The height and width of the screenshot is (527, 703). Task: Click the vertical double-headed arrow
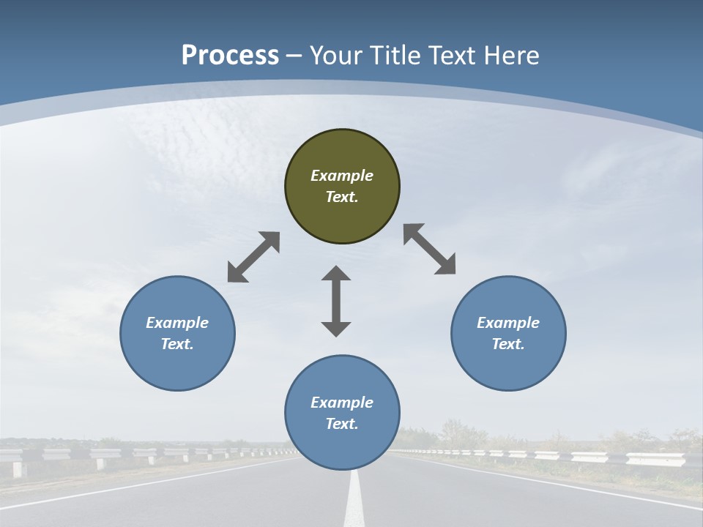click(x=336, y=302)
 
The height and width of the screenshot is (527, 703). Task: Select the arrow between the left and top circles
click(x=253, y=257)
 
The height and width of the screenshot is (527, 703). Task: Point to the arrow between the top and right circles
click(x=430, y=249)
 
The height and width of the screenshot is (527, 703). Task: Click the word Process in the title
click(x=230, y=55)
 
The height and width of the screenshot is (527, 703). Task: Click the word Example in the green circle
click(x=342, y=176)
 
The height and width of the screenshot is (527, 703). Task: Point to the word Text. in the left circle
click(x=177, y=344)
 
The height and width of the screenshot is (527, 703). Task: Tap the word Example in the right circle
click(x=508, y=323)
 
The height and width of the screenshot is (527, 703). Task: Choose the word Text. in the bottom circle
click(x=342, y=424)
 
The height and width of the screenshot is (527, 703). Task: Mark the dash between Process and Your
click(x=294, y=56)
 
